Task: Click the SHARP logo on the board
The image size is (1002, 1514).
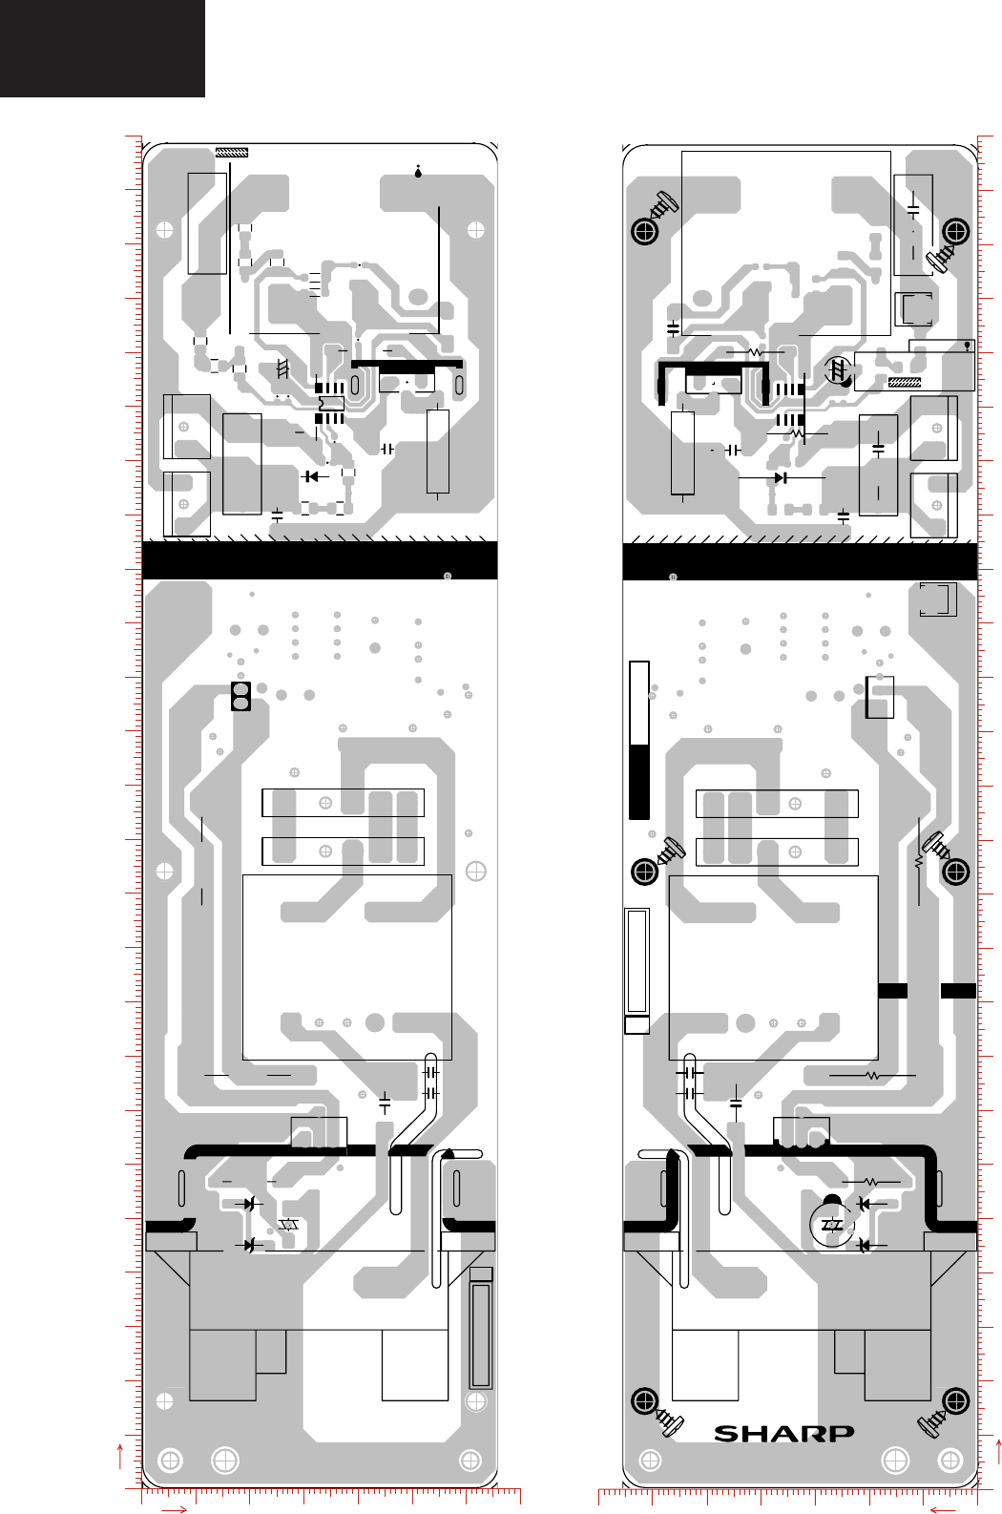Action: [783, 1433]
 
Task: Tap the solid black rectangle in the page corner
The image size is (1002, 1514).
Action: [102, 48]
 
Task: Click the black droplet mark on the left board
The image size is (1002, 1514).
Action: [418, 172]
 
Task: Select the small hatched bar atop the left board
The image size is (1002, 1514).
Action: [232, 152]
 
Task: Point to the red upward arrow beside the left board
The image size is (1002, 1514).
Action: [120, 1457]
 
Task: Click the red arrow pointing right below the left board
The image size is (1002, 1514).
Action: [174, 1509]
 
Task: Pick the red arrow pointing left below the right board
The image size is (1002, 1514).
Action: [943, 1509]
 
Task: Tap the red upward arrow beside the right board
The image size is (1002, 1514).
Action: [998, 1451]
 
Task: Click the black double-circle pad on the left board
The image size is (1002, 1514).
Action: [241, 696]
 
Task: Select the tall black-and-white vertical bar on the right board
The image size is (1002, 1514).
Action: [639, 740]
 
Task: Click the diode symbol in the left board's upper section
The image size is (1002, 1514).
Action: [311, 476]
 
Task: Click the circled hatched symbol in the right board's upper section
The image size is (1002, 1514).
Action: [839, 370]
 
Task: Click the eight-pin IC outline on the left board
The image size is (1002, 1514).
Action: [330, 403]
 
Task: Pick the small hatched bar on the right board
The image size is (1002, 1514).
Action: [905, 382]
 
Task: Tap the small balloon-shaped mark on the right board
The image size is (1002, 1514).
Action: [968, 347]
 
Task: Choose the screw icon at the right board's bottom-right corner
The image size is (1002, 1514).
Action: [932, 1423]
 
